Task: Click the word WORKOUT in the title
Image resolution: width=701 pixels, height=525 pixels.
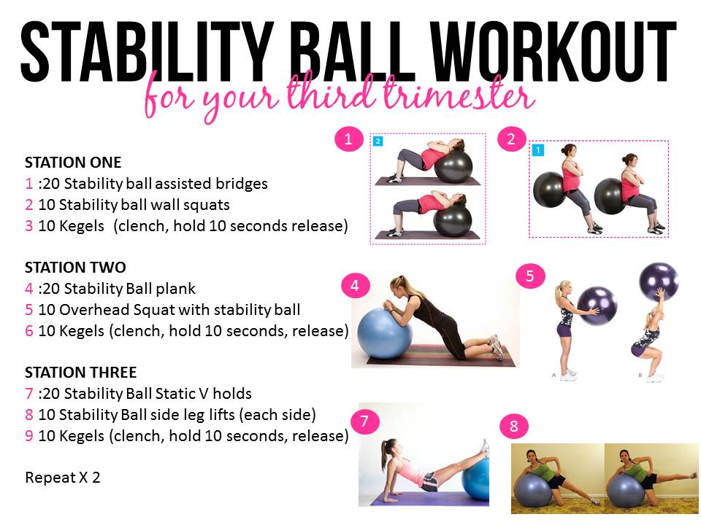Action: point(553,52)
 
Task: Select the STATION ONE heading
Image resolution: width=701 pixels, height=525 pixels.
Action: point(73,163)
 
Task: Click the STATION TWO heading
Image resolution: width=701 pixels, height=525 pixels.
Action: point(75,268)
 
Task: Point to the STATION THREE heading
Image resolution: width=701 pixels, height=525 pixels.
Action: point(80,373)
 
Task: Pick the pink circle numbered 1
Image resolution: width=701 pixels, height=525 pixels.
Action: point(349,139)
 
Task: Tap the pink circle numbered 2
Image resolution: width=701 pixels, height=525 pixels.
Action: point(511,139)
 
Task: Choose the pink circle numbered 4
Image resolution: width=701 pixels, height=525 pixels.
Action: point(355,285)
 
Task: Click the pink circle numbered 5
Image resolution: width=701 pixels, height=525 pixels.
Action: point(530,276)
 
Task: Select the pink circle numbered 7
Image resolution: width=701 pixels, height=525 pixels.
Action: point(364,421)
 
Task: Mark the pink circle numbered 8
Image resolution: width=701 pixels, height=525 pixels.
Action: point(514,426)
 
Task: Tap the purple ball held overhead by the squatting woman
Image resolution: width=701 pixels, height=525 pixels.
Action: point(659,281)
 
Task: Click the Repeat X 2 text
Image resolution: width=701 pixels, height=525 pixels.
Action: point(63,478)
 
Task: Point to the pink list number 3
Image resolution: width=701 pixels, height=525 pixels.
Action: point(29,226)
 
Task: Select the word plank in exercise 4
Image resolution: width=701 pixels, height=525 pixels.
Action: point(175,289)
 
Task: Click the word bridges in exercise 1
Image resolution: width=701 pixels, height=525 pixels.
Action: point(242,184)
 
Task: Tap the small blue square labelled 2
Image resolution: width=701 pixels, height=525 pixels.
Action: point(378,141)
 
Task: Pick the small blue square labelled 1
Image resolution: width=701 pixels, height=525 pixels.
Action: point(538,150)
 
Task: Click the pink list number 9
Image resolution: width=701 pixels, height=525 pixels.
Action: point(29,436)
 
